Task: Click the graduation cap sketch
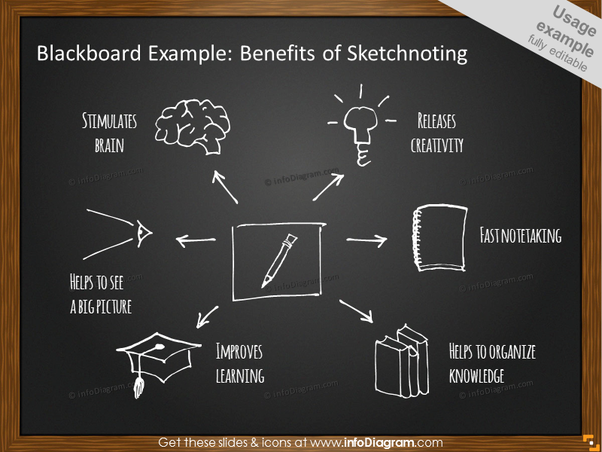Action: click(x=157, y=358)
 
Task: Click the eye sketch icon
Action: click(x=143, y=234)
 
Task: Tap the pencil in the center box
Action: click(x=278, y=261)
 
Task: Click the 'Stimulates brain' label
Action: click(x=109, y=133)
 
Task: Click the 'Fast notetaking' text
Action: click(x=521, y=236)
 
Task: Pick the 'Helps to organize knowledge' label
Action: click(x=492, y=363)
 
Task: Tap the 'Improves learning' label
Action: click(x=240, y=363)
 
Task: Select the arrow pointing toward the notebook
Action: click(x=366, y=240)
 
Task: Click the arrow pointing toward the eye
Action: click(x=195, y=241)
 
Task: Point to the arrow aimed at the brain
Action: click(x=225, y=186)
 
